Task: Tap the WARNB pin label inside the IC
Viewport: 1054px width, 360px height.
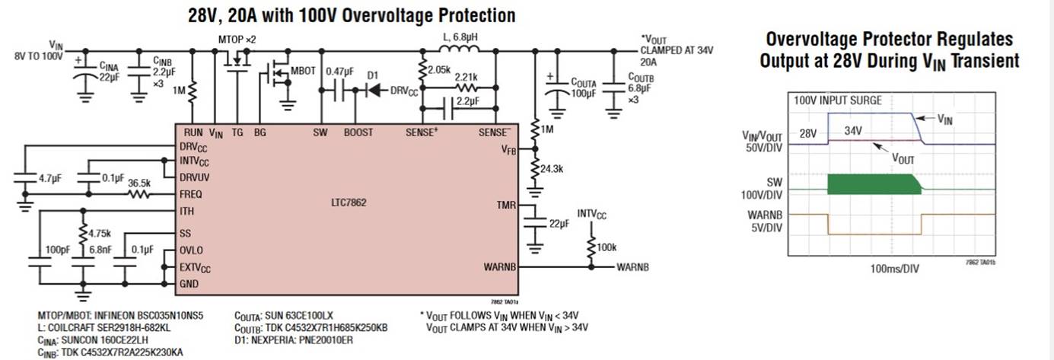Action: point(500,267)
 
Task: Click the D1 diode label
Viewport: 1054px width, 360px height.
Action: point(373,75)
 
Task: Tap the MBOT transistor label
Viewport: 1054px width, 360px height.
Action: point(302,70)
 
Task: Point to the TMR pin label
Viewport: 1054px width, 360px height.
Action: point(506,205)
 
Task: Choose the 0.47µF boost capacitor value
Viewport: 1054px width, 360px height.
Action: point(339,71)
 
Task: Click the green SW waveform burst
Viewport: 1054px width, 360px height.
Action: point(868,183)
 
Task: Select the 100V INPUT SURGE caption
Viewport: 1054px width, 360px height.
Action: point(838,100)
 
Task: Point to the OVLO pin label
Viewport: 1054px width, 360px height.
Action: point(193,250)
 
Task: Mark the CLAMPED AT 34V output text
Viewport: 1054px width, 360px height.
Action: point(678,50)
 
